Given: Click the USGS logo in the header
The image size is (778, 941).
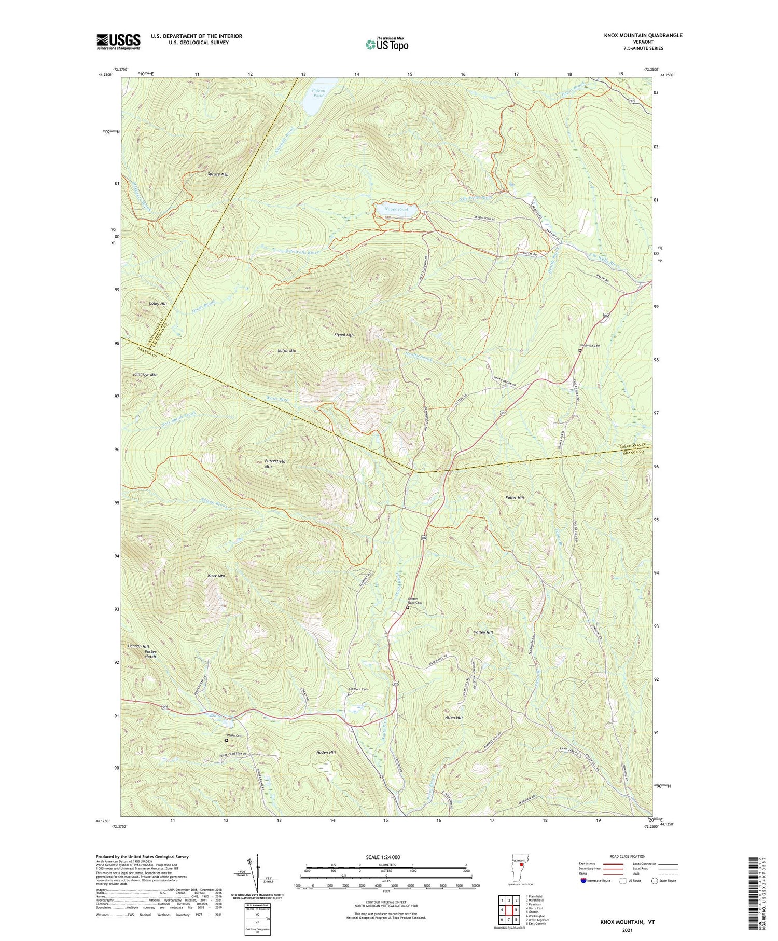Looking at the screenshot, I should [x=118, y=42].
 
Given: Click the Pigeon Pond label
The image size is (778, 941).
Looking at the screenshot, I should [x=318, y=93].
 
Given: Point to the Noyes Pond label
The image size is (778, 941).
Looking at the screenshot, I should [x=397, y=209].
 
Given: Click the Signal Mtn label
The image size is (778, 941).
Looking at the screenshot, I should [x=344, y=335].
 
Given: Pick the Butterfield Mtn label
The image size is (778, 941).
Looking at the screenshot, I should [x=272, y=463].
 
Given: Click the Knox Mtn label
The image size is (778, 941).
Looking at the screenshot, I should [x=216, y=576].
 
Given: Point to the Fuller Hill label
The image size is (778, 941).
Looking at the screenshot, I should [x=515, y=497].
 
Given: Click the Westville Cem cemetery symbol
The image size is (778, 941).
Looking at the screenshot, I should [x=580, y=351].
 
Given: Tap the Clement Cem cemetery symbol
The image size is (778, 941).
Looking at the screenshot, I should [x=349, y=694].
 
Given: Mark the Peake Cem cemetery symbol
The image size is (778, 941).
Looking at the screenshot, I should [x=226, y=741].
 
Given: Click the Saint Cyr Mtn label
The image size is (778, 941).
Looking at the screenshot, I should [x=145, y=374].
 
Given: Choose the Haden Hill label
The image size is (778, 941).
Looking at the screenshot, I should [x=326, y=752].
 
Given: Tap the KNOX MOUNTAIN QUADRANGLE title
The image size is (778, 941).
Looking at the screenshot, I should [x=635, y=35].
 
